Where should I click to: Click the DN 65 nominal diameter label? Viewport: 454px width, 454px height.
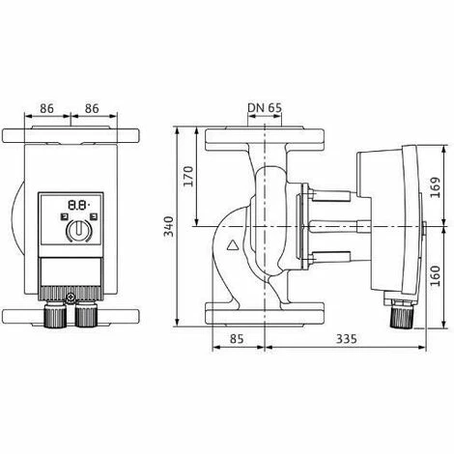(x=265, y=108)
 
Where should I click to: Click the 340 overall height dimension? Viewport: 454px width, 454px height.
(x=169, y=226)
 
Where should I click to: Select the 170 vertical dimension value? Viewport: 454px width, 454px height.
(x=188, y=176)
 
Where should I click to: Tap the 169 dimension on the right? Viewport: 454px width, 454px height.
(x=436, y=187)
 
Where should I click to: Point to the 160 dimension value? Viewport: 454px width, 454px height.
(x=436, y=275)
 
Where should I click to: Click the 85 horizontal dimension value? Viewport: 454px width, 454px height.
(x=237, y=339)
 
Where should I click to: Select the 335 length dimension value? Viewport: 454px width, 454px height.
(x=347, y=339)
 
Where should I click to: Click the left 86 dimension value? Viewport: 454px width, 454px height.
(x=46, y=108)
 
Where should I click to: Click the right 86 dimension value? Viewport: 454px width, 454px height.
(x=92, y=108)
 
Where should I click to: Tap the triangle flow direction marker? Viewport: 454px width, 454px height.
(x=233, y=245)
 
